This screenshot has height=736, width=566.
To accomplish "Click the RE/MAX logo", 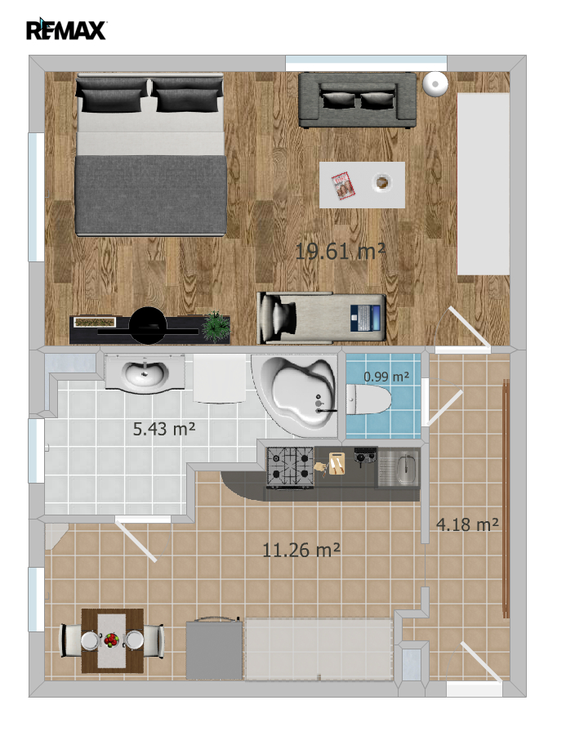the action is pos(66,29).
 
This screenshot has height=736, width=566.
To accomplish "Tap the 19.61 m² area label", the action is pos(341,252).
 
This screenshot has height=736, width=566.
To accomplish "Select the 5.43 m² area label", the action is pos(164,429).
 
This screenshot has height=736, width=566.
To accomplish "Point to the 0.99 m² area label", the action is pos(386,377).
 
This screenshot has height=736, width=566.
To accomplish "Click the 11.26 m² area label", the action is pos(301,550).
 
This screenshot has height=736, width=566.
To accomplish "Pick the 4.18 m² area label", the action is pos(467,524).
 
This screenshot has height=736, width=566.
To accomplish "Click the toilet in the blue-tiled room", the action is pos(369,399).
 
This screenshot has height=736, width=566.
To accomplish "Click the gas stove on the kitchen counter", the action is pos(290,467).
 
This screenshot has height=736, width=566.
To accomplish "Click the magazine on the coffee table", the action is pos(342,186).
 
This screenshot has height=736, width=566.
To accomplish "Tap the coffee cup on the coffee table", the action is pos(382,181).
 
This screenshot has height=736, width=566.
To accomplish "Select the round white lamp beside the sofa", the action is pos(435,84).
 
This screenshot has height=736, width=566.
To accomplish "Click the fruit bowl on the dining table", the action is pos(111,640).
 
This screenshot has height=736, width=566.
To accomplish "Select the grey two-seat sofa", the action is pos(358,100).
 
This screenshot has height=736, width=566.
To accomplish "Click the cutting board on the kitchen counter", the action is pos(336,463).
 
